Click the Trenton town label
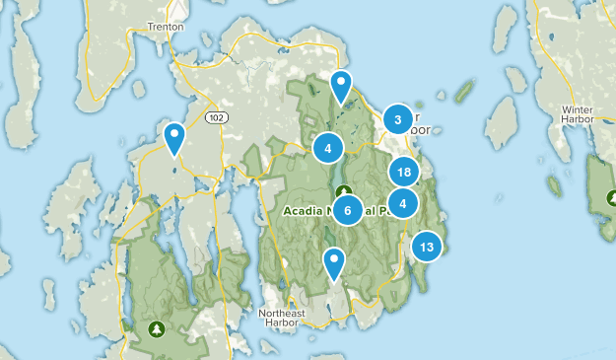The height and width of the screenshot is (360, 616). [x=165, y=27]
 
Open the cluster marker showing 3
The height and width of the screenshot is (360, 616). [x=397, y=120]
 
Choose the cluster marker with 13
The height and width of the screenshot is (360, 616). [x=426, y=247]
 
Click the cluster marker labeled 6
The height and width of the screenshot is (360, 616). [x=347, y=210]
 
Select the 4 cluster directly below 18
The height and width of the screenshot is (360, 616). [x=402, y=203]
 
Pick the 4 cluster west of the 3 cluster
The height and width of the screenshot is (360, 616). [x=327, y=148]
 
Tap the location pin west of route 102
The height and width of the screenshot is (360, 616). [x=174, y=138]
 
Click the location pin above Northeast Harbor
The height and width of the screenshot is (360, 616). [x=335, y=263]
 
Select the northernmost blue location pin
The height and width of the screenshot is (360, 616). [x=341, y=87]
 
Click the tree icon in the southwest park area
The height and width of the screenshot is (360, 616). [x=155, y=327]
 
